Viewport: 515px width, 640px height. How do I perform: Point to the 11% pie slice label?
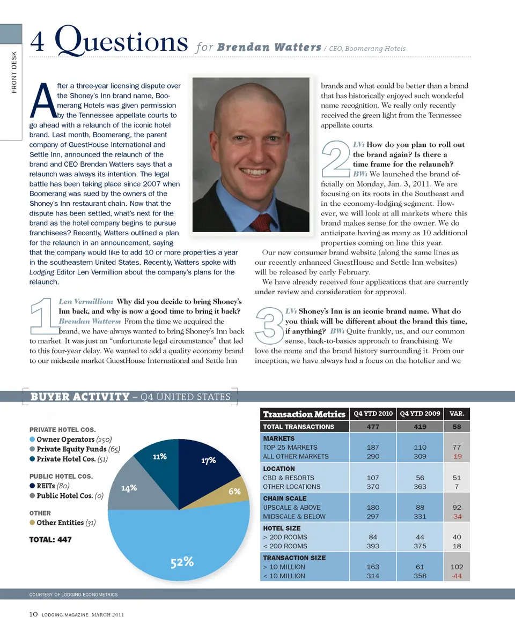click(159, 457)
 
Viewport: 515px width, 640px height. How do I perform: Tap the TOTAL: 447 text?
click(50, 539)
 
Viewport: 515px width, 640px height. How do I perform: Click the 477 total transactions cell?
click(373, 427)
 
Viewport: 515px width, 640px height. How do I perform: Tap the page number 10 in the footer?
click(33, 615)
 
